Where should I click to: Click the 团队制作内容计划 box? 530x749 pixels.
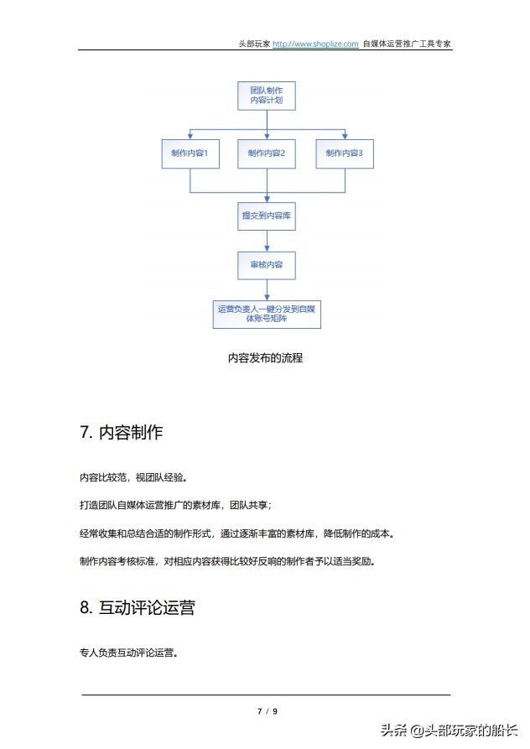pyautogui.click(x=266, y=95)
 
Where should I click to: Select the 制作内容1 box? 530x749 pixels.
pyautogui.click(x=190, y=153)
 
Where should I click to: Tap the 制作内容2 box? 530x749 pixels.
pyautogui.click(x=267, y=153)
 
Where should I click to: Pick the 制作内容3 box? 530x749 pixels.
pyautogui.click(x=344, y=153)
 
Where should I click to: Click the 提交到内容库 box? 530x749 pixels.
pyautogui.click(x=267, y=216)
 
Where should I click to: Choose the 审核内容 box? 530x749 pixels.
pyautogui.click(x=267, y=265)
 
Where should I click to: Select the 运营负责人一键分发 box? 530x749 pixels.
pyautogui.click(x=267, y=314)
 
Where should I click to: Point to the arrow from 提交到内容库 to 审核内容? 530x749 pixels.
pyautogui.click(x=267, y=241)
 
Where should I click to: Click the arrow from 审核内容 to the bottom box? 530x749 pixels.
pyautogui.click(x=267, y=289)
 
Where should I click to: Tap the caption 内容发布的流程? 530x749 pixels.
pyautogui.click(x=265, y=358)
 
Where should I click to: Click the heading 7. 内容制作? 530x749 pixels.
pyautogui.click(x=121, y=433)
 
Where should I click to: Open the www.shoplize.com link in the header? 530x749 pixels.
pyautogui.click(x=315, y=44)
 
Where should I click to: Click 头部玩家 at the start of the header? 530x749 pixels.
pyautogui.click(x=254, y=44)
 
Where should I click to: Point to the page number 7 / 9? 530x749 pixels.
pyautogui.click(x=267, y=711)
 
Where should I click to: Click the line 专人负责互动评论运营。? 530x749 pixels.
pyautogui.click(x=128, y=651)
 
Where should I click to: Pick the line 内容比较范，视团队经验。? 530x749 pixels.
pyautogui.click(x=133, y=478)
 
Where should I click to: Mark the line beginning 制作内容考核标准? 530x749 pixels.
pyautogui.click(x=227, y=561)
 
